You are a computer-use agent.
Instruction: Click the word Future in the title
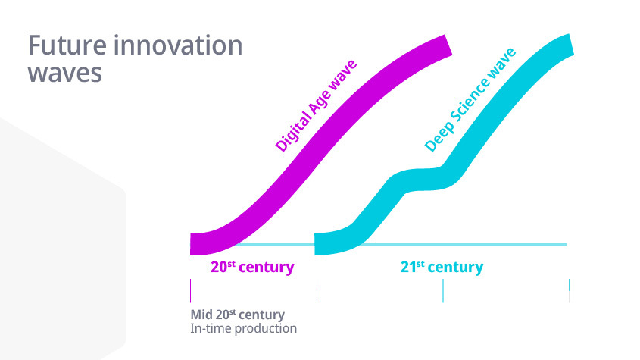[x=67, y=45]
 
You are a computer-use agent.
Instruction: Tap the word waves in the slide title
[x=64, y=74]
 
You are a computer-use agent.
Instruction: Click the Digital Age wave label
[x=316, y=106]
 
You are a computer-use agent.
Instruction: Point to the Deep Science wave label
[x=470, y=100]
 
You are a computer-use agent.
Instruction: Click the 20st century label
[x=252, y=267]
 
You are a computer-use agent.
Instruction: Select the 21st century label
[x=442, y=267]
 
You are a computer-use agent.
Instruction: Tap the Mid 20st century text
[x=238, y=315]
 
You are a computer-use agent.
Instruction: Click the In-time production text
[x=244, y=328]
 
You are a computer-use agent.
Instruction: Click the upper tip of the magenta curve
[x=448, y=45]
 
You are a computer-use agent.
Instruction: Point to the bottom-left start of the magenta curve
[x=191, y=244]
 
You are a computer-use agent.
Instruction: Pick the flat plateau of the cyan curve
[x=424, y=179]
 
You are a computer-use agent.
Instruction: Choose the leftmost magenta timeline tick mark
[x=191, y=291]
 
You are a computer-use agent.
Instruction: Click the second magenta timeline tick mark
[x=317, y=291]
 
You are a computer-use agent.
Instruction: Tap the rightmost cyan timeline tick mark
[x=569, y=291]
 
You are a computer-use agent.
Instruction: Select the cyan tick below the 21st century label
[x=443, y=291]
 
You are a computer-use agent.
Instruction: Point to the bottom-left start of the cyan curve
[x=316, y=244]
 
